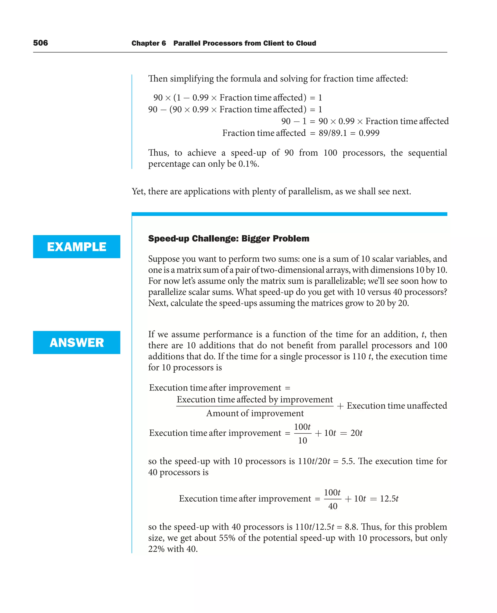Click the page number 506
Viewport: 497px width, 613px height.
[x=40, y=43]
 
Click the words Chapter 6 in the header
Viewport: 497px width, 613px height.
[x=148, y=43]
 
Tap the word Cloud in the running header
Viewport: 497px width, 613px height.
[x=306, y=43]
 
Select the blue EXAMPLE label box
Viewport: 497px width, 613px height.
[x=76, y=247]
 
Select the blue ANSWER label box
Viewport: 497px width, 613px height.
[x=76, y=342]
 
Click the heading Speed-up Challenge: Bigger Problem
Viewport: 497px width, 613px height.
[x=228, y=239]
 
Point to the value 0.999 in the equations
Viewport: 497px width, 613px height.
[x=369, y=133]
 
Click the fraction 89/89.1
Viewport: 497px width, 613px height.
[x=332, y=133]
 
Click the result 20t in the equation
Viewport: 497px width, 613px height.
[x=356, y=433]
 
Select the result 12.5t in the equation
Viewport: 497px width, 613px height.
[x=389, y=499]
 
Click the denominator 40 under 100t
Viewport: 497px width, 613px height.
[x=332, y=506]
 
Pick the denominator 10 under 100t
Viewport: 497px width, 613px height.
[x=302, y=441]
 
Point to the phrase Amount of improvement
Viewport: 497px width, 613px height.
[x=255, y=413]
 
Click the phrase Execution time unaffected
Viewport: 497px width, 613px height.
[x=397, y=406]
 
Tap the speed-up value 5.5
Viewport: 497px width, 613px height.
[x=348, y=461]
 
